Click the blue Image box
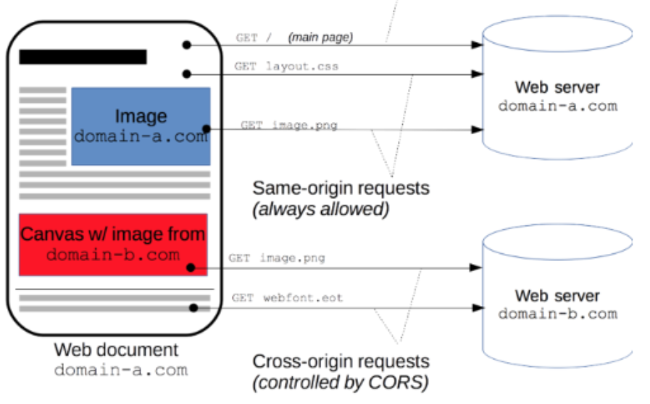pos(141,126)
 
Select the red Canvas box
pos(113,244)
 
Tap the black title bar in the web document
pos(83,57)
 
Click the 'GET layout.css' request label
pos(286,66)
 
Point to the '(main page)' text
pos(320,37)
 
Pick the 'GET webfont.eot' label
pos(287,298)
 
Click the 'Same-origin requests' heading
pos(341,189)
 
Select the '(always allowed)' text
pos(320,209)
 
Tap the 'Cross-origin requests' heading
pos(341,361)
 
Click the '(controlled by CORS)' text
pos(341,382)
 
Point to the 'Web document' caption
pos(116,350)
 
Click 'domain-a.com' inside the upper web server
pos(558,106)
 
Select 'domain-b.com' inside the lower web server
pos(558,314)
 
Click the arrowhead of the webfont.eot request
pos(478,308)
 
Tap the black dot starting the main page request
pos(186,45)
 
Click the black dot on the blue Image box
pos(206,129)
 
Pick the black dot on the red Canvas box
pos(191,268)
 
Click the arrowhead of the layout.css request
pos(477,74)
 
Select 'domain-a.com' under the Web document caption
pos(120,370)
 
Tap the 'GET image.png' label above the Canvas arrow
pos(277,258)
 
